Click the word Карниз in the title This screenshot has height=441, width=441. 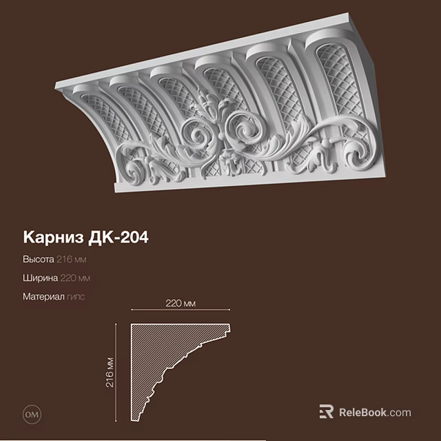[x=54, y=237]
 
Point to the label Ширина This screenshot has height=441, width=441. [x=41, y=278]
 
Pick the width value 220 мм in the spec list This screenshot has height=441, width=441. [x=75, y=278]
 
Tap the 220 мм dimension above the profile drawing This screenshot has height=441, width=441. [x=181, y=304]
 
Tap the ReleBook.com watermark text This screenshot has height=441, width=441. [x=375, y=413]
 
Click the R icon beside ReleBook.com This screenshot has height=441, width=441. [x=327, y=412]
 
